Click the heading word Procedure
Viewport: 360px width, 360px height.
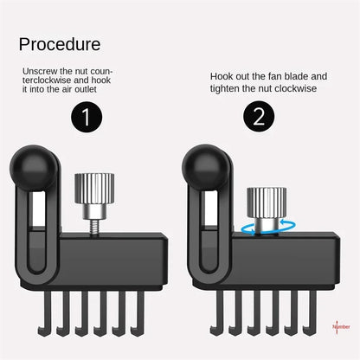click(x=60, y=44)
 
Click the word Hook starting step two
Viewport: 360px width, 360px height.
click(x=223, y=76)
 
